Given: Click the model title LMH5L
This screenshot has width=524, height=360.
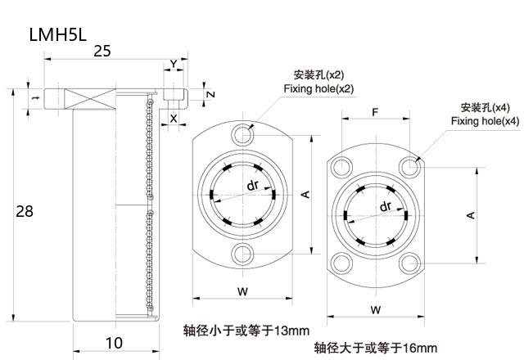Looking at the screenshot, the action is click(x=58, y=34).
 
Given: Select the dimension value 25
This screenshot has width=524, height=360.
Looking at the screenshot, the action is click(x=102, y=51).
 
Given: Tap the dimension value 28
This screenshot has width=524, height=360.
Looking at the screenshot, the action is click(x=25, y=211).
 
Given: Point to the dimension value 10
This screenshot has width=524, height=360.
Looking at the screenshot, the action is click(x=115, y=343).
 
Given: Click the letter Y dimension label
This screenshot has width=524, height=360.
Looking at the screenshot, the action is click(x=174, y=64).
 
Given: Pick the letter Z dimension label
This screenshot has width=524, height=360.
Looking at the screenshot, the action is click(x=211, y=94).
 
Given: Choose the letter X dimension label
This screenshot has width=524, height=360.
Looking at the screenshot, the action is click(x=174, y=118).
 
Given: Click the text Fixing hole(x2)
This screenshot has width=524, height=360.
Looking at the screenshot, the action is click(x=318, y=89).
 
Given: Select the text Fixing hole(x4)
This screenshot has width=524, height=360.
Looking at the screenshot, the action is click(x=486, y=121).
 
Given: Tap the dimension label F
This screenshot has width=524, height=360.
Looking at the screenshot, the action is click(x=375, y=112).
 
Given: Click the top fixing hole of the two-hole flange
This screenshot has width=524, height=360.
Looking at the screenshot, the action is click(x=242, y=135).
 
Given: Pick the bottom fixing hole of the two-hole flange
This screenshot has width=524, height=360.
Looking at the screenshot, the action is click(x=242, y=254).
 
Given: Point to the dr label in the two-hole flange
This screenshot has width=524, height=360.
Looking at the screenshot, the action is click(x=253, y=185).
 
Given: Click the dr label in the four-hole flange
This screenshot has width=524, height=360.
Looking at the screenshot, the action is click(x=386, y=206).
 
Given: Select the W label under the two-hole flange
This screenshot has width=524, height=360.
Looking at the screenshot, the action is click(x=242, y=291).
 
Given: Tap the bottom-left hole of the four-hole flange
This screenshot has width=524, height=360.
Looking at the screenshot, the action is click(x=341, y=263).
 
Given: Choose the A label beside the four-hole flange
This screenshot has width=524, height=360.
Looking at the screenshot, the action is click(x=471, y=215).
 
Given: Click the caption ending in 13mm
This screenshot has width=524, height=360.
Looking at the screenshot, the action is click(x=246, y=331).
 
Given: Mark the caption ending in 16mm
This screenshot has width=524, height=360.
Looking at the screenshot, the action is click(x=376, y=348).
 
